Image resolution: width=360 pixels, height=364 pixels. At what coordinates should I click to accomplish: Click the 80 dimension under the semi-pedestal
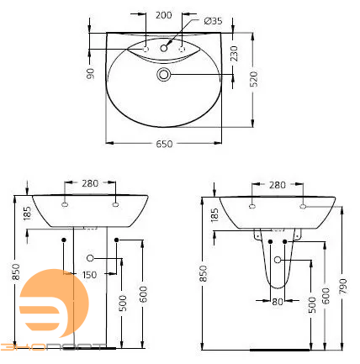(278, 300)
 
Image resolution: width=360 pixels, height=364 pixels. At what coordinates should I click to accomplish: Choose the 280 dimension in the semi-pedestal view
(277, 184)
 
